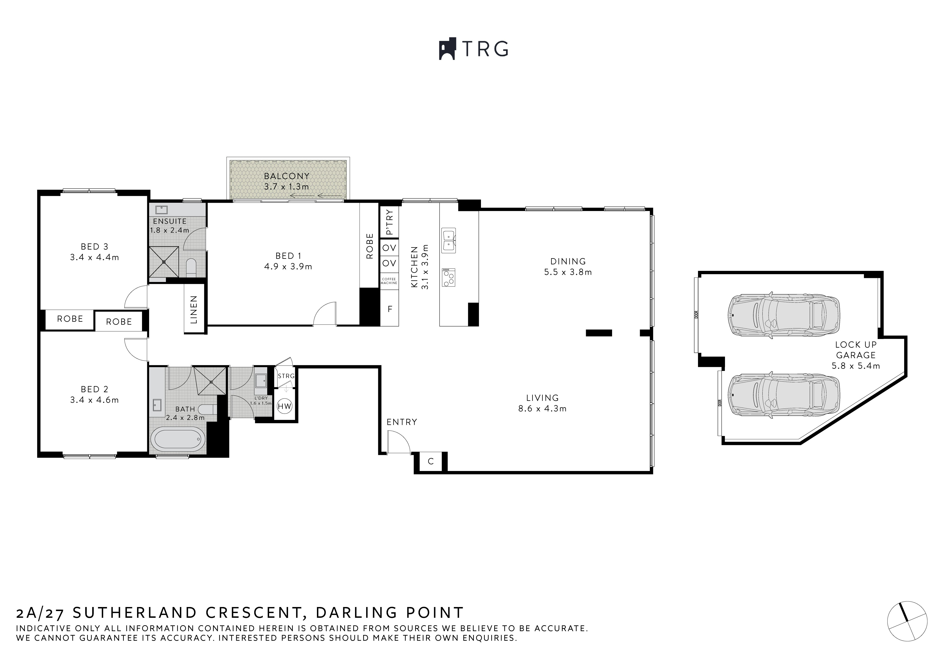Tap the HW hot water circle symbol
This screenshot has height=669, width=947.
285,406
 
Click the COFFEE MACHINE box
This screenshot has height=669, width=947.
389,281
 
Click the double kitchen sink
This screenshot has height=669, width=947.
448,240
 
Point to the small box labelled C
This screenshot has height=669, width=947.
431,461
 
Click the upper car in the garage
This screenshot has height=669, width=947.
783,315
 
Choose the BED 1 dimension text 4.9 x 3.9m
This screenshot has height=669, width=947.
288,267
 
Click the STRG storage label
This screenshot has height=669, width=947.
286,376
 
